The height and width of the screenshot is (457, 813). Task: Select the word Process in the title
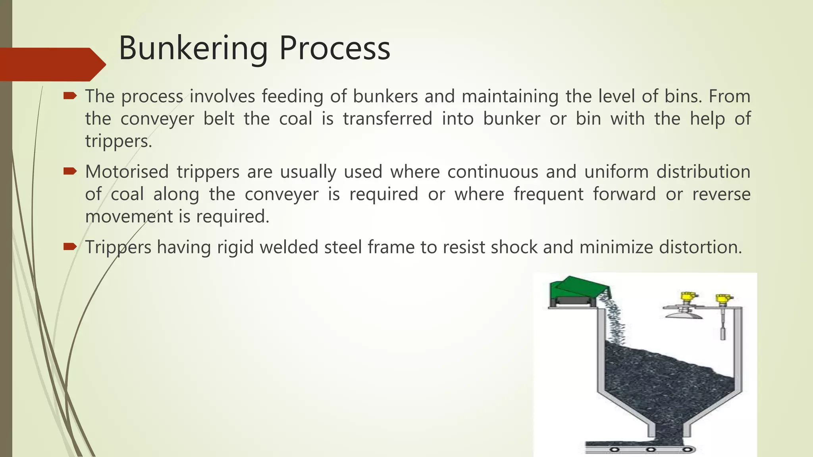point(335,48)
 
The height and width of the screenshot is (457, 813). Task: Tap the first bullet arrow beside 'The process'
point(70,96)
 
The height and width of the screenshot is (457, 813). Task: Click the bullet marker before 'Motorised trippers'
point(70,171)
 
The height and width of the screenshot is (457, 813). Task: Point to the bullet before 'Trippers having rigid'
point(70,247)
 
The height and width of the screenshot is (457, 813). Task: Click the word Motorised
point(127,172)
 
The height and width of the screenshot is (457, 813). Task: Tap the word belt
point(219,119)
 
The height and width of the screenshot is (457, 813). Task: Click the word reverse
point(721,194)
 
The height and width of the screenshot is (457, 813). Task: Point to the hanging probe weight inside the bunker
point(723,332)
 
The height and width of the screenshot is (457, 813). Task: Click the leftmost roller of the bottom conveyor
point(615,449)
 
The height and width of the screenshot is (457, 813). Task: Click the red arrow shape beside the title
point(52,64)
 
